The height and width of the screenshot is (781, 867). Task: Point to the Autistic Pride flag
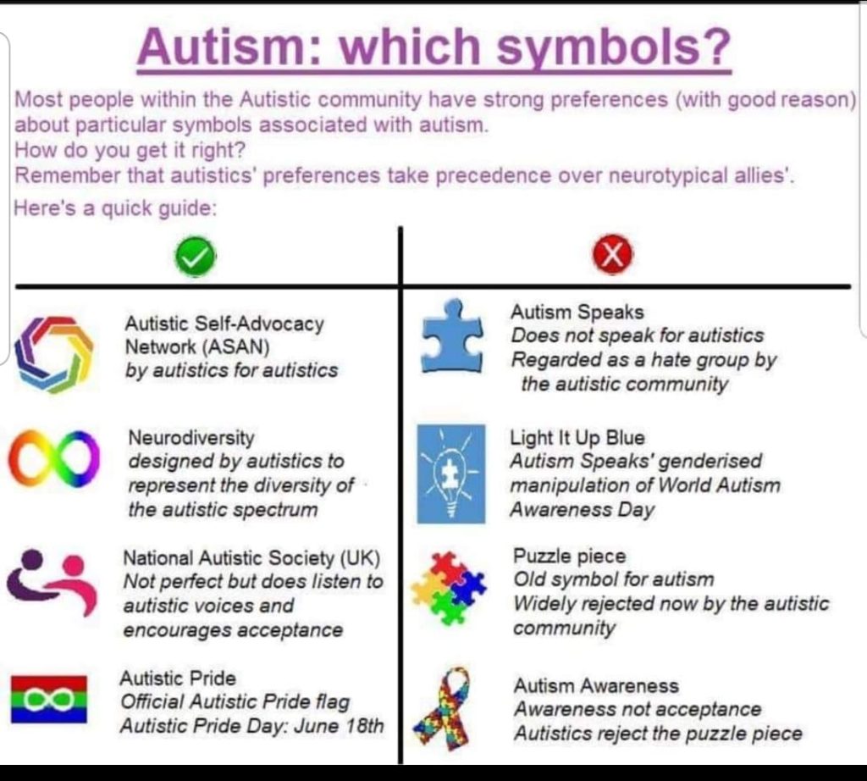[48, 699]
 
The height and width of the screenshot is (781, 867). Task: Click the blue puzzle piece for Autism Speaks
[451, 337]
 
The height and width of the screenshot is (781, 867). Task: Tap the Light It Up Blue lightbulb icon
[451, 474]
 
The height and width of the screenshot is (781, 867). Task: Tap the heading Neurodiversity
[191, 438]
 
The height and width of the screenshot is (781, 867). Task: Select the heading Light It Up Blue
[577, 438]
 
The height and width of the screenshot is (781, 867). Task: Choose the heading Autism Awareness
[596, 685]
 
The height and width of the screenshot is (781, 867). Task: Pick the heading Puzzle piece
[570, 557]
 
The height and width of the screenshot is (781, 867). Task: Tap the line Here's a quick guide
[116, 208]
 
